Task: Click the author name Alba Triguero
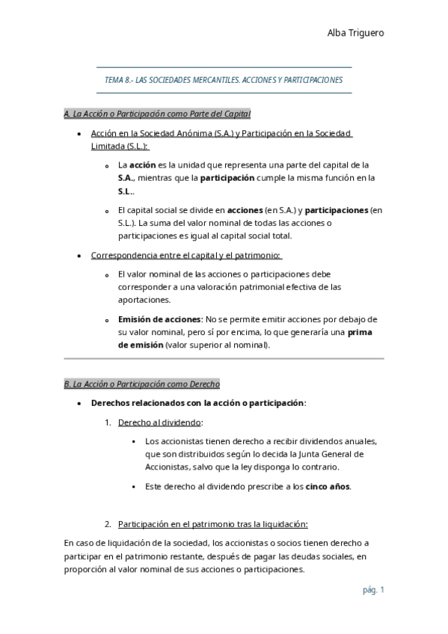[355, 32]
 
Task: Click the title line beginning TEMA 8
[224, 79]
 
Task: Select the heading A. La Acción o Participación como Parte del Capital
[157, 114]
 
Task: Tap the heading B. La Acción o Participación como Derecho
[142, 384]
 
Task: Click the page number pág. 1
[372, 590]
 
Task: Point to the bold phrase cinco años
[328, 487]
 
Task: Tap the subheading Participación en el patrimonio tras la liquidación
[213, 523]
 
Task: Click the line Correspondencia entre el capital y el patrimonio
[185, 255]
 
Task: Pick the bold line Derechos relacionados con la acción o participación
[198, 403]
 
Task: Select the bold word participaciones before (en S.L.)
[337, 210]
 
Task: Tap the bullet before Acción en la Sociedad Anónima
[80, 134]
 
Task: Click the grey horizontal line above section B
[224, 359]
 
